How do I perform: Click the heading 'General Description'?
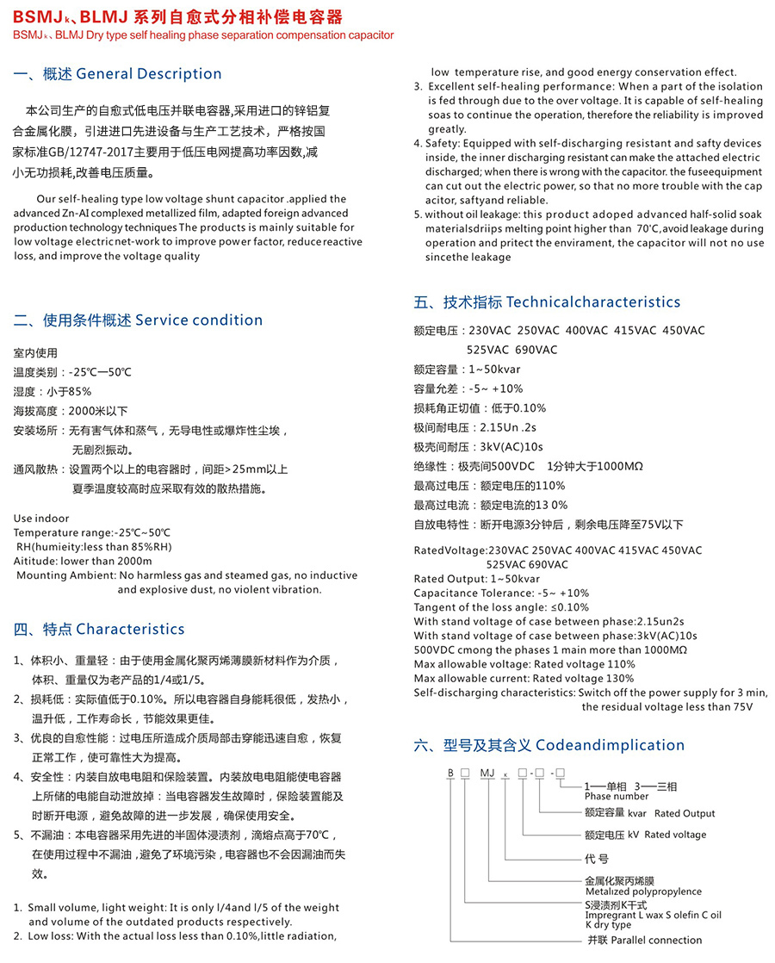149,74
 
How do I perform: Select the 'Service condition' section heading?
199,320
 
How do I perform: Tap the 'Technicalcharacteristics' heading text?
593,302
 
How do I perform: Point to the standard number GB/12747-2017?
87,151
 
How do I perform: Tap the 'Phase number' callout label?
617,797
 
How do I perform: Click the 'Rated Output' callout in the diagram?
685,813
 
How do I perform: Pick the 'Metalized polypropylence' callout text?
643,892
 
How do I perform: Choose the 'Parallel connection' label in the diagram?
656,940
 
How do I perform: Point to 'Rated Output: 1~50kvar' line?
477,579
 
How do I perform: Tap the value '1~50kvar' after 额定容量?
494,370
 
